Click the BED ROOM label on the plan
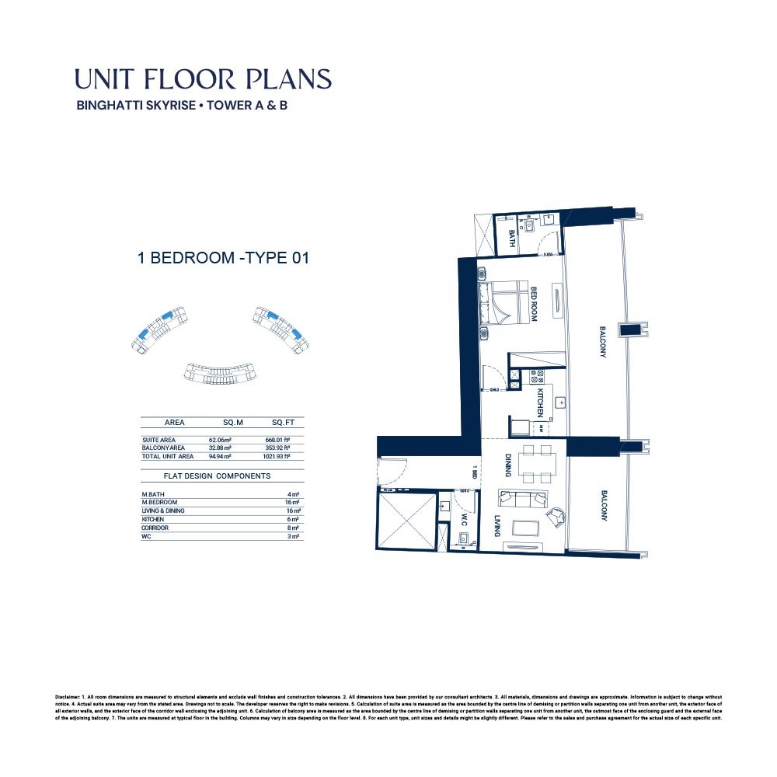point(535,304)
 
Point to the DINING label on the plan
point(507,465)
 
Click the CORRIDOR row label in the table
point(155,528)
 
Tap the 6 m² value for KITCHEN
point(294,519)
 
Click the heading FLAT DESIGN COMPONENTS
point(217,476)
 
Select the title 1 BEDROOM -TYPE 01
point(224,258)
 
